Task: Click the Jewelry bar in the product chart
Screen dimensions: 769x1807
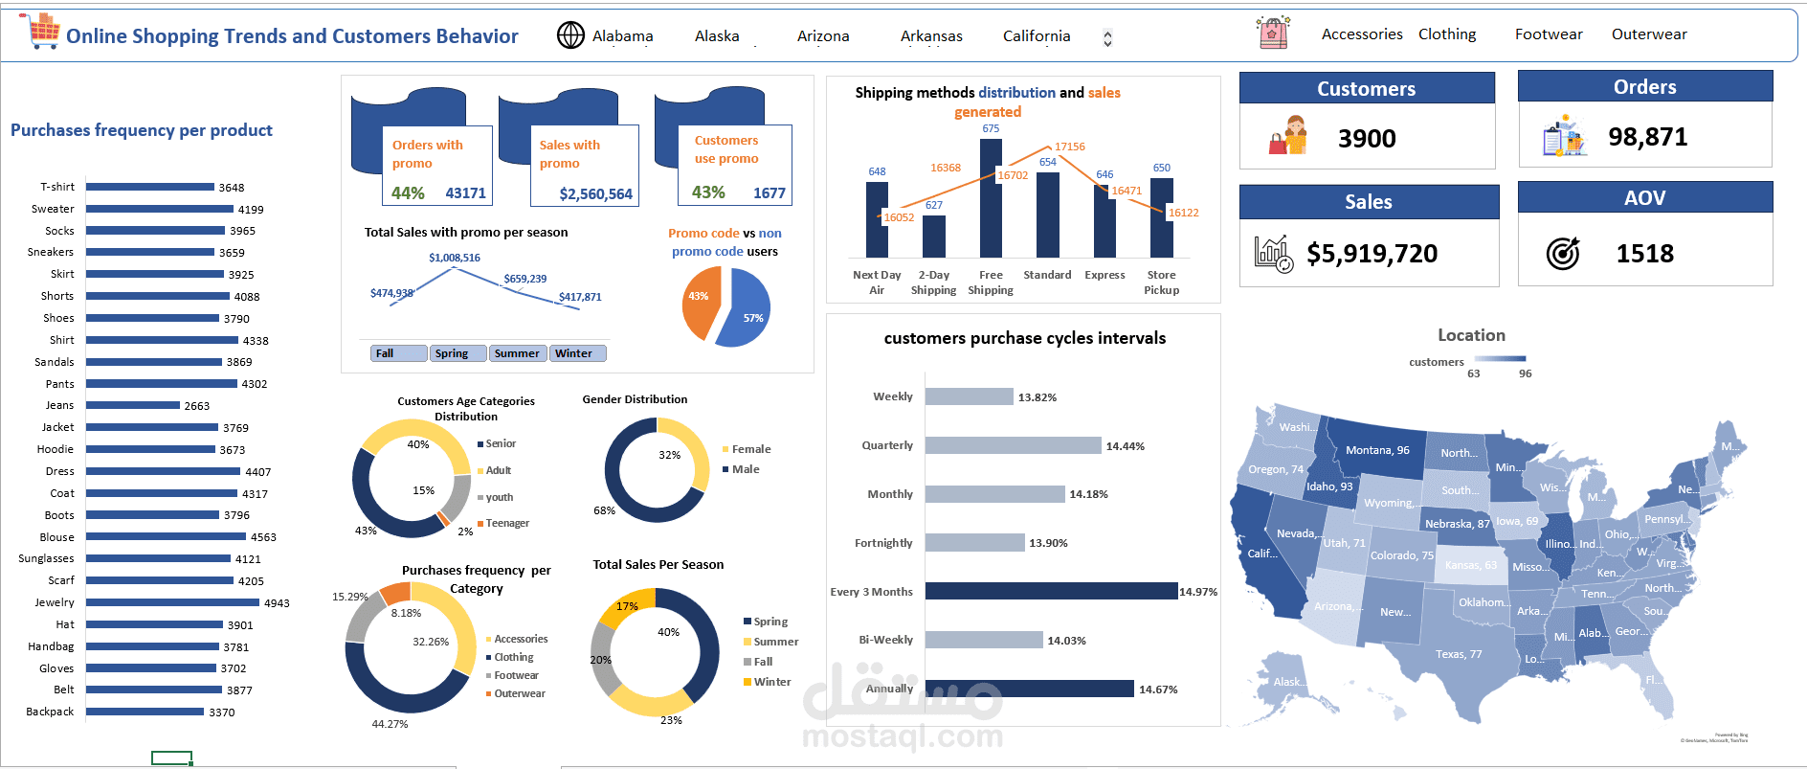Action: pos(172,602)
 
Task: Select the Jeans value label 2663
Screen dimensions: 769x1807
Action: pos(197,406)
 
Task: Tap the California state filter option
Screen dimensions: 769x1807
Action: pos(1037,36)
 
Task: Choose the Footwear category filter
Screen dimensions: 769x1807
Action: pos(1548,34)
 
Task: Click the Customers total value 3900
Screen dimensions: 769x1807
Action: pos(1367,139)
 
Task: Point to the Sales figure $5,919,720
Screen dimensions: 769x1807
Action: pos(1372,254)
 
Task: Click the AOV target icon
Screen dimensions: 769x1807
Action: pos(1562,254)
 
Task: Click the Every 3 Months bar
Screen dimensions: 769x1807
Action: pos(1051,591)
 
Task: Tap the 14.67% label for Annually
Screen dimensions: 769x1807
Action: pos(1158,690)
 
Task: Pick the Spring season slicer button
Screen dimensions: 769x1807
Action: pos(457,353)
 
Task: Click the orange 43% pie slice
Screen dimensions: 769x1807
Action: pos(702,301)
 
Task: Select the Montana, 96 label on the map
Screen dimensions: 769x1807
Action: pos(1377,450)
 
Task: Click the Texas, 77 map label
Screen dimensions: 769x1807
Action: pos(1458,654)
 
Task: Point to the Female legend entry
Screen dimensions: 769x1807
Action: pos(750,449)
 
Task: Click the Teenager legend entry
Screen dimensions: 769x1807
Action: pos(506,523)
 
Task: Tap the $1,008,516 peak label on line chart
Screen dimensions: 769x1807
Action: pos(455,258)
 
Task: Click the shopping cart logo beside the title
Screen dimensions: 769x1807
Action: pos(42,32)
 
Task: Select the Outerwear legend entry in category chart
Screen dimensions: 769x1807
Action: pos(519,693)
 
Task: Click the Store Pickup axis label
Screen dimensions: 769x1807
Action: pos(1161,283)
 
